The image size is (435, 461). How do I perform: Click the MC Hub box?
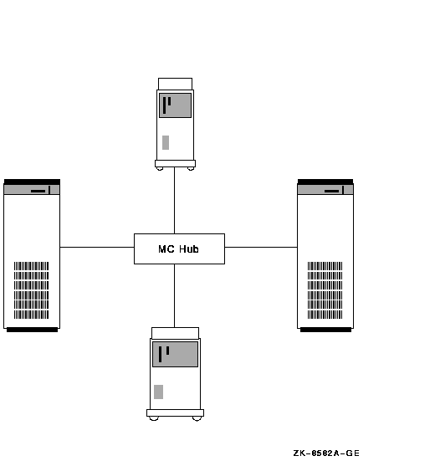pyautogui.click(x=179, y=248)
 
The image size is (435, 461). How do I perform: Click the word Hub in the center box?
pyautogui.click(x=189, y=249)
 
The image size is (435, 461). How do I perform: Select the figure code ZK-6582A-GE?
pyautogui.click(x=326, y=453)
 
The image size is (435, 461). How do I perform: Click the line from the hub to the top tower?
pyautogui.click(x=174, y=201)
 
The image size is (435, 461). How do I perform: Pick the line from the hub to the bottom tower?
pyautogui.click(x=174, y=295)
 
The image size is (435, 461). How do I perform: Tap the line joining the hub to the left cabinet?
pyautogui.click(x=97, y=247)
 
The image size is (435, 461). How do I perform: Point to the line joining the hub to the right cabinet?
pyautogui.click(x=261, y=247)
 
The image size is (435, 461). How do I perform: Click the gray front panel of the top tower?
pyautogui.click(x=175, y=105)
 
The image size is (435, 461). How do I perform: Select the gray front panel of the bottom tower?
pyautogui.click(x=175, y=354)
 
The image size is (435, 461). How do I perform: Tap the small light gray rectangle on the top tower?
pyautogui.click(x=166, y=142)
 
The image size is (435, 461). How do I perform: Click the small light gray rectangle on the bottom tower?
pyautogui.click(x=158, y=392)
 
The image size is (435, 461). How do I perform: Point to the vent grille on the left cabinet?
pyautogui.click(x=32, y=290)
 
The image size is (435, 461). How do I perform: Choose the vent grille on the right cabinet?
pyautogui.click(x=325, y=290)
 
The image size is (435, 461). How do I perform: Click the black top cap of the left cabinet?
pyautogui.click(x=32, y=182)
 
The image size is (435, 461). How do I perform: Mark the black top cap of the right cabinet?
pyautogui.click(x=325, y=182)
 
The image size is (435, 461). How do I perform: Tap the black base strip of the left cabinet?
pyautogui.click(x=32, y=330)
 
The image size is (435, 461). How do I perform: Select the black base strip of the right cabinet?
pyautogui.click(x=325, y=330)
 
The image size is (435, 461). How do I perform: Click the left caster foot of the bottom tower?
pyautogui.click(x=154, y=418)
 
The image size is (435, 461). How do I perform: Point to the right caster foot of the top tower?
pyautogui.click(x=191, y=169)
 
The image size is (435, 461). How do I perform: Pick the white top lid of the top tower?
pyautogui.click(x=175, y=84)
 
